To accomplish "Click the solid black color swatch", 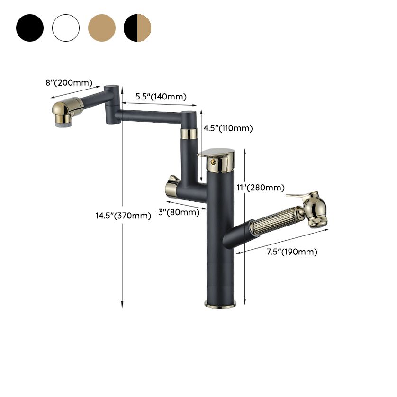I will tap(30, 28).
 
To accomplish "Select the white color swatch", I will tap(66, 28).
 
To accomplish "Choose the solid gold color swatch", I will tap(102, 28).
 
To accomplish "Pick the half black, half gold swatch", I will tap(137, 28).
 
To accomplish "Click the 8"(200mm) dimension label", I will tap(69, 83).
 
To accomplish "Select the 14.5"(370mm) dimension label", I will tap(123, 216).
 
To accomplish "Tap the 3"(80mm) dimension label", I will tap(179, 212).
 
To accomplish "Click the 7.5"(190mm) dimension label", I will tap(292, 252).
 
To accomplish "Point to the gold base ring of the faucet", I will tap(221, 304).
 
